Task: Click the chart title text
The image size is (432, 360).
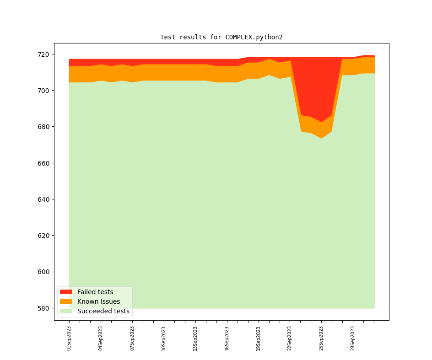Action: (x=221, y=37)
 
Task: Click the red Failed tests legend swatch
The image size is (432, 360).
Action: (x=66, y=292)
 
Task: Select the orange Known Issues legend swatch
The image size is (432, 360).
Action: (x=66, y=301)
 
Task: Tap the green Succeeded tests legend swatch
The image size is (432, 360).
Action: (x=66, y=311)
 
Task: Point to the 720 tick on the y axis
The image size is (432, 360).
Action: (x=44, y=54)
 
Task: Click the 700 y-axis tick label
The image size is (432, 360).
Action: (x=44, y=91)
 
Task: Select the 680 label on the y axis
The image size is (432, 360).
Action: (x=44, y=127)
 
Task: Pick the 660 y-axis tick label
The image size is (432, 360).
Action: (x=44, y=163)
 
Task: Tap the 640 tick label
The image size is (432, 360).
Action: (x=44, y=199)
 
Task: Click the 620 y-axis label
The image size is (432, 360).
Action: (x=44, y=236)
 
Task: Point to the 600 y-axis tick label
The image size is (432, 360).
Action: (x=44, y=272)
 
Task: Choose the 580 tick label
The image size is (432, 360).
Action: (x=44, y=308)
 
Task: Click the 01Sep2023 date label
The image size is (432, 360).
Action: (x=69, y=338)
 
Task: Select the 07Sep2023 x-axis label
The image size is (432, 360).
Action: (x=132, y=338)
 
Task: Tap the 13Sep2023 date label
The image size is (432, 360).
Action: (x=195, y=338)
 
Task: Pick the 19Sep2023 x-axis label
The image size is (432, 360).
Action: (x=258, y=338)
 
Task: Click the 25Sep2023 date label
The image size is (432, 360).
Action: (x=321, y=338)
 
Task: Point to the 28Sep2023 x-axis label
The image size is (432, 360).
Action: (x=352, y=338)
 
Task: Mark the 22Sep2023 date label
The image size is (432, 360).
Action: (x=290, y=338)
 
